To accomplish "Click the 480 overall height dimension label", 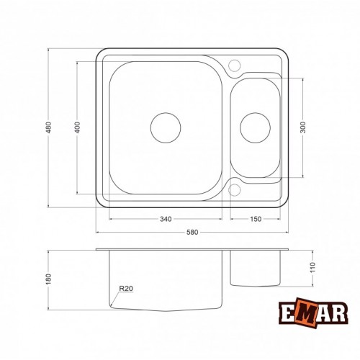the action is tap(48, 127).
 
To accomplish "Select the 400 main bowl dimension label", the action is tap(77, 127).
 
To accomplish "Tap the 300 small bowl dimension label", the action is tap(303, 127).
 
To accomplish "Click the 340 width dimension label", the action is tap(166, 219).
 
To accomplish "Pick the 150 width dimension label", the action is tap(256, 219).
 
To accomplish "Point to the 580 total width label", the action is tap(192, 232).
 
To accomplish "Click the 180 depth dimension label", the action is tap(48, 279).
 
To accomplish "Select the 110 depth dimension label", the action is tap(312, 267).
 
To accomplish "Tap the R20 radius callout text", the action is tap(126, 288).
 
